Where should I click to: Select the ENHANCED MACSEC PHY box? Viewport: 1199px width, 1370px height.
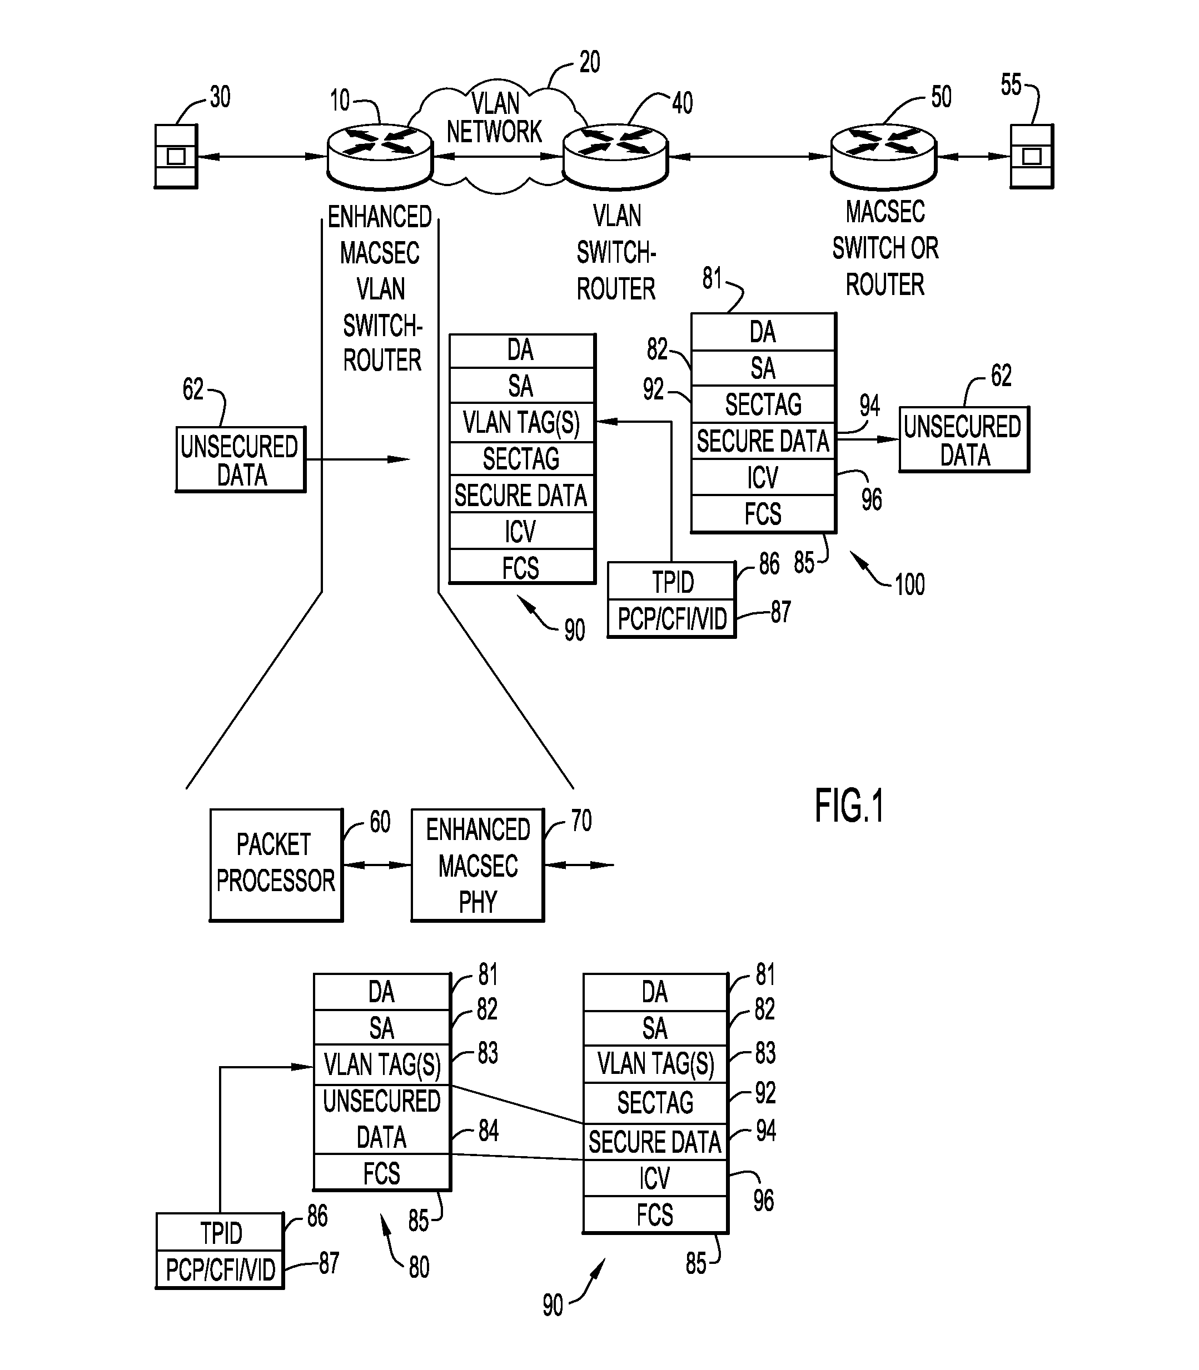pos(477,864)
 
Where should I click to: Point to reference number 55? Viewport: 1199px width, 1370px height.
pos(1011,85)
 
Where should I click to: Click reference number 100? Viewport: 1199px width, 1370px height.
pos(909,584)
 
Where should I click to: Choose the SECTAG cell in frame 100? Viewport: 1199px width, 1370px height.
pos(763,404)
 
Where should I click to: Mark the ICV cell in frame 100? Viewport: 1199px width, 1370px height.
pos(763,477)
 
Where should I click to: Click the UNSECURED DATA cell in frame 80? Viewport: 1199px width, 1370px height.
pos(381,1118)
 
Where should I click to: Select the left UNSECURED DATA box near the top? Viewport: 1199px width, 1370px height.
pos(240,460)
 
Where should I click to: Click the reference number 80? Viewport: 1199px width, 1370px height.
pos(419,1266)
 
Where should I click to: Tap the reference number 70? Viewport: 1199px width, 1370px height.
pos(581,821)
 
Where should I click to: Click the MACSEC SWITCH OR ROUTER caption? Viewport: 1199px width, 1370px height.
pos(884,248)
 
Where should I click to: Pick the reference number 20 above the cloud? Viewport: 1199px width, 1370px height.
pos(589,62)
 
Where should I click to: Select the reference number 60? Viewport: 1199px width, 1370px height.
pos(380,822)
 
